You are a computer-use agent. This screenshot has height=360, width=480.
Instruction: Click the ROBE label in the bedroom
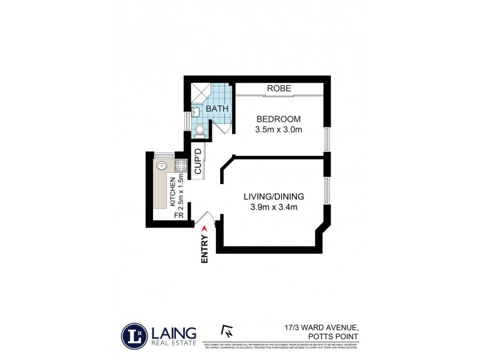(x=280, y=88)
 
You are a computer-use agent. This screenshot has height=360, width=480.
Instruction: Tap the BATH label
(x=217, y=109)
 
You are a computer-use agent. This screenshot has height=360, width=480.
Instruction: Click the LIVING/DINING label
(x=274, y=197)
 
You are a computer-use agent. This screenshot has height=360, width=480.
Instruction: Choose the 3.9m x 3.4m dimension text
(x=274, y=208)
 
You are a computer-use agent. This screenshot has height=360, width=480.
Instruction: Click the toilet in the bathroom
(x=200, y=128)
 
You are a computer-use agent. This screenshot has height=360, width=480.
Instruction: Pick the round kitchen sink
(x=161, y=166)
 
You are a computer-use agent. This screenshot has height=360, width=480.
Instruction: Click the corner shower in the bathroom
(x=202, y=91)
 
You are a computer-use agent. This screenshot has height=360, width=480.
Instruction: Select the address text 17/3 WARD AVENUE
(x=322, y=327)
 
